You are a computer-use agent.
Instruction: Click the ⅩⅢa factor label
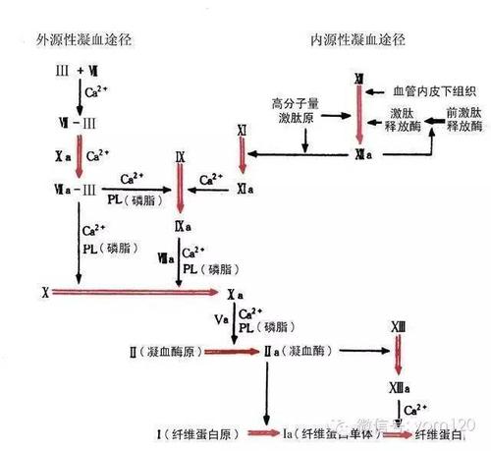pyautogui.click(x=398, y=380)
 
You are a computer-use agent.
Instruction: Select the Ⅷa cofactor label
pyautogui.click(x=166, y=257)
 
